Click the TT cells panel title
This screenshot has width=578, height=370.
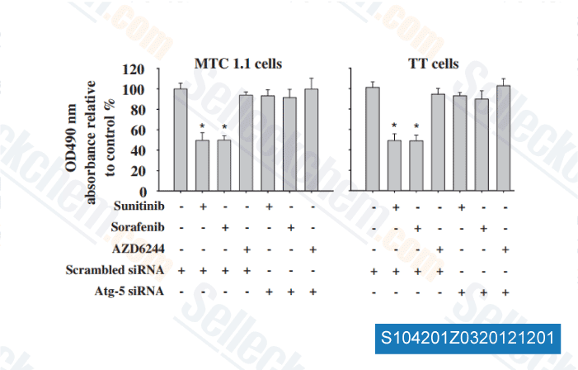pos(434,63)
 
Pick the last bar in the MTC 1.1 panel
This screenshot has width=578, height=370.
pos(312,140)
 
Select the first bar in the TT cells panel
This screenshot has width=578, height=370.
pos(373,139)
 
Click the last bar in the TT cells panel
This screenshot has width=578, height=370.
pos(504,138)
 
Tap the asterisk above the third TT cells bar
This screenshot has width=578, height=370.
pos(416,127)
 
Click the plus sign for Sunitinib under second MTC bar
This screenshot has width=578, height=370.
pos(203,205)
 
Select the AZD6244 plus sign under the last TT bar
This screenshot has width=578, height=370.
pos(504,249)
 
